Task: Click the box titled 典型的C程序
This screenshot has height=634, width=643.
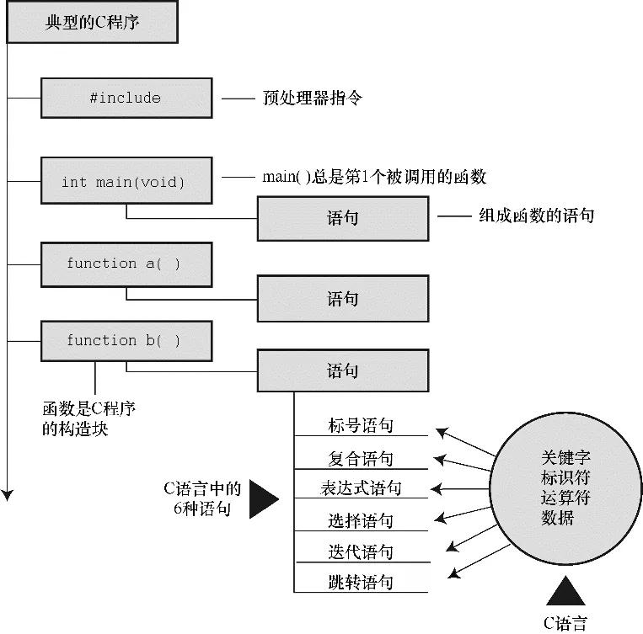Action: click(x=92, y=23)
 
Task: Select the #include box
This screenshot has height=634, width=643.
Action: click(x=125, y=98)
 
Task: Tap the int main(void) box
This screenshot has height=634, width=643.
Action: click(x=125, y=180)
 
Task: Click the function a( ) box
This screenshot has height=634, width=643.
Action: click(x=125, y=264)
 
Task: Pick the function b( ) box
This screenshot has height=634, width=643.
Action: click(x=125, y=341)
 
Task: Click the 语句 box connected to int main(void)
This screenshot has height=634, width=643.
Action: click(x=343, y=218)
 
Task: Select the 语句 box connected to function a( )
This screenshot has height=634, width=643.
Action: click(x=343, y=299)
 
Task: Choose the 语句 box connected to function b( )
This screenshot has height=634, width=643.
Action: click(x=343, y=370)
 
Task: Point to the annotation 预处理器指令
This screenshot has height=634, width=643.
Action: click(x=313, y=99)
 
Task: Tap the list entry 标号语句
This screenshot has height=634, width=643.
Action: click(x=360, y=426)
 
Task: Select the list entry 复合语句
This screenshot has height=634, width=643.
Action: click(x=360, y=459)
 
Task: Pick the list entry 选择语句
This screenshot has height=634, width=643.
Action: click(x=360, y=521)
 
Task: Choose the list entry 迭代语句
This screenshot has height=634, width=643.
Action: click(x=360, y=552)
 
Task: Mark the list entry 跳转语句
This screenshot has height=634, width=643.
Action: click(x=360, y=583)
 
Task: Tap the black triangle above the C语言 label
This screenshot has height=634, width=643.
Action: click(x=565, y=592)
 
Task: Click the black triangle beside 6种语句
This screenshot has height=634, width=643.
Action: click(x=263, y=498)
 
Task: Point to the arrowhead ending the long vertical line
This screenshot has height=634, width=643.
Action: click(x=8, y=495)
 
